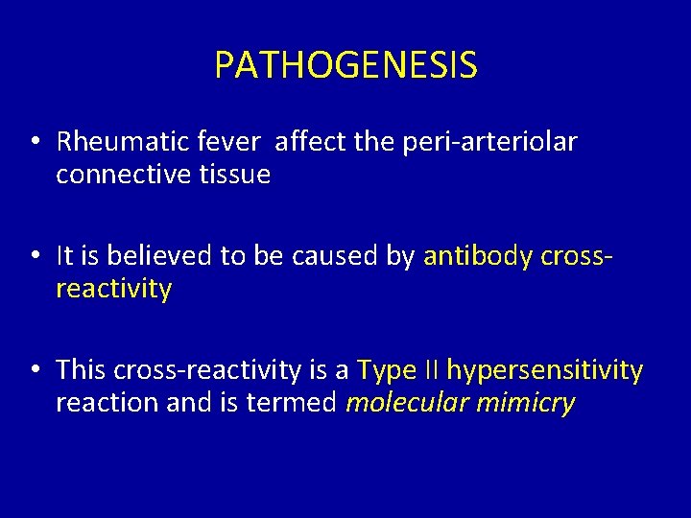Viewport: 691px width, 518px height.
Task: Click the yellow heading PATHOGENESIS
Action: point(345,65)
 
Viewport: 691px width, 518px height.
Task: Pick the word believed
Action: point(157,257)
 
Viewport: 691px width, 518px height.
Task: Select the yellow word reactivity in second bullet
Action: point(113,289)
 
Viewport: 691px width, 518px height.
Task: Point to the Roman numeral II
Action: point(429,370)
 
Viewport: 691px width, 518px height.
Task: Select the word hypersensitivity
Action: point(545,370)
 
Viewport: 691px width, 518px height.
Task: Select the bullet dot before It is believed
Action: point(34,257)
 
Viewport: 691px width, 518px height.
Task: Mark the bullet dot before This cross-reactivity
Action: point(34,370)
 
